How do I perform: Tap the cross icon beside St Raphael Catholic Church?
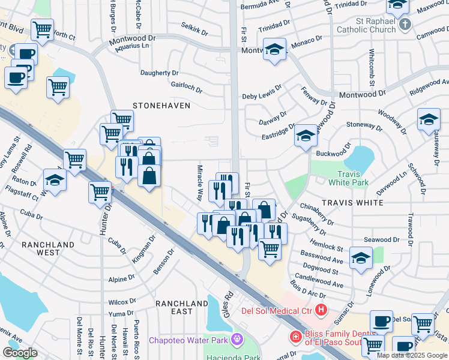[406, 25]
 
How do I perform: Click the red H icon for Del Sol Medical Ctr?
[321, 310]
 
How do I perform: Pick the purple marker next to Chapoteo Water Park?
[238, 340]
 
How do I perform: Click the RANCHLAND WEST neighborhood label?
[48, 248]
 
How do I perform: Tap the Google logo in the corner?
[20, 353]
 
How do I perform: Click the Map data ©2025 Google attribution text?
[412, 355]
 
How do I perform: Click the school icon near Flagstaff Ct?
[54, 180]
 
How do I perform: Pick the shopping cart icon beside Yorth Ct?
[42, 28]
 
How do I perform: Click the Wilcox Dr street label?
[122, 302]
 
